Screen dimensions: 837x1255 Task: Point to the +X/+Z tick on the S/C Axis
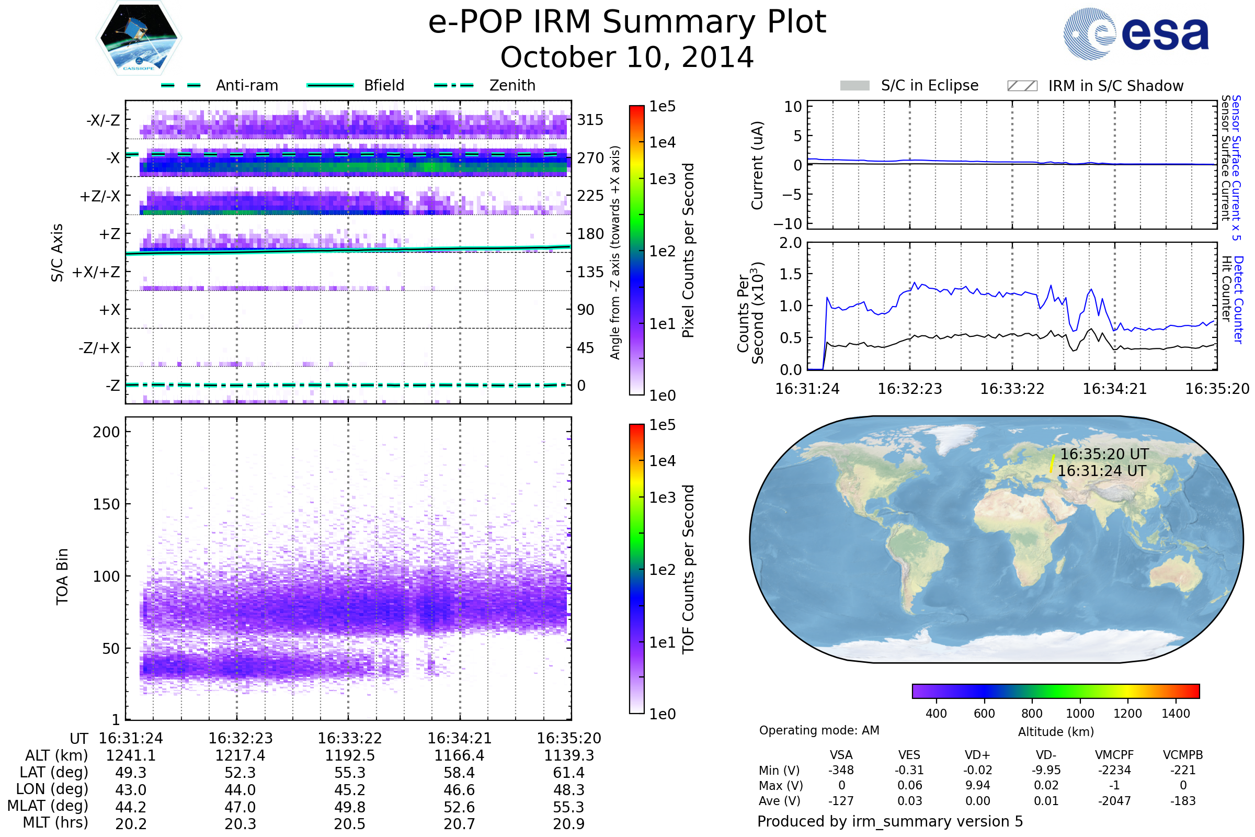click(96, 272)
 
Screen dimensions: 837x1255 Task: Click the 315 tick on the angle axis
click(590, 120)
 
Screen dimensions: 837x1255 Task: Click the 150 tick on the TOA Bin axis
click(106, 504)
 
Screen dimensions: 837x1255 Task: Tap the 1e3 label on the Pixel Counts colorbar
click(662, 179)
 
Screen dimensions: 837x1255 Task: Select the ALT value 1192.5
click(349, 756)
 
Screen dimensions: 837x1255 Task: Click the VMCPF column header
click(1114, 755)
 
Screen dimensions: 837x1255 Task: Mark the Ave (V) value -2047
click(1114, 801)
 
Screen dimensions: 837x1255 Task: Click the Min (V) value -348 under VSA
click(841, 770)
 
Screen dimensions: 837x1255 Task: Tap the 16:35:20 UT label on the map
click(1104, 454)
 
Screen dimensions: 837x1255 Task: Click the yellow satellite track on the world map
click(1052, 463)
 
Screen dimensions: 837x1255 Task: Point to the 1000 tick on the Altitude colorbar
click(1080, 714)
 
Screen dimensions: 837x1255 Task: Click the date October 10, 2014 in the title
click(627, 57)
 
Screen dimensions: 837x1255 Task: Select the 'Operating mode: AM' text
click(819, 730)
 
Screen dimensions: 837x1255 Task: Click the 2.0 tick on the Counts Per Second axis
click(790, 243)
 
